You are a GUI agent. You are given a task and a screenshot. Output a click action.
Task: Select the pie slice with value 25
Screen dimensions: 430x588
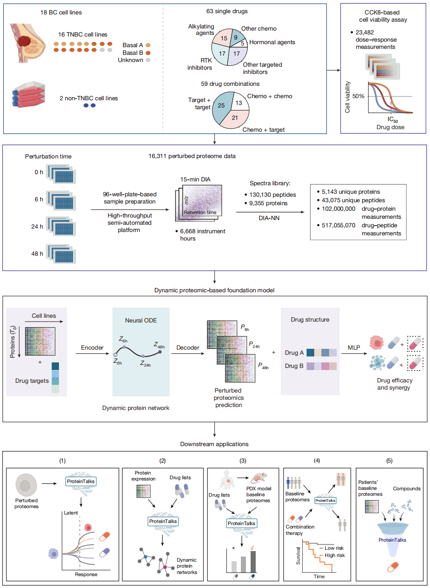pos(221,107)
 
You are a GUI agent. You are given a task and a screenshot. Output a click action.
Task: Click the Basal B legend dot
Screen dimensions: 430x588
pos(148,53)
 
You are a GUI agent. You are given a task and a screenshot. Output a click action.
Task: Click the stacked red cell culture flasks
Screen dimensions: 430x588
pos(28,94)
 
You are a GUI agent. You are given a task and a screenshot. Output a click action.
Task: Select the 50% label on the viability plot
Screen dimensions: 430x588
pos(358,96)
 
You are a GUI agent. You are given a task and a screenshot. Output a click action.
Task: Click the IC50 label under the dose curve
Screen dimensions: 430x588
pos(393,119)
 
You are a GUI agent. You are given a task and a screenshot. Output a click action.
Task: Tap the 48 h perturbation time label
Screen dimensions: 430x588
pos(37,254)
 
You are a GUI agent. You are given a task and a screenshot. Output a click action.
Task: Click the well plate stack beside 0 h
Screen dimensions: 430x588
pos(61,174)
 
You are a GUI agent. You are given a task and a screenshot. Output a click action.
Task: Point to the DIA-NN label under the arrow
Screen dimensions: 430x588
pos(269,218)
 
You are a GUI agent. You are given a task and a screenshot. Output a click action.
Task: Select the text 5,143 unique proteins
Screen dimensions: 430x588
pos(351,192)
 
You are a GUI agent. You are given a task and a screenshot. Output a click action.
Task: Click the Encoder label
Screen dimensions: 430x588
pos(92,348)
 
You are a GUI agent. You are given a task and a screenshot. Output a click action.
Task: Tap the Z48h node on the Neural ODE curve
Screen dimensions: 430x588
pos(160,352)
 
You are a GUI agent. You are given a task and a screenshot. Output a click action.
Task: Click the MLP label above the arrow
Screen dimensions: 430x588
pos(354,348)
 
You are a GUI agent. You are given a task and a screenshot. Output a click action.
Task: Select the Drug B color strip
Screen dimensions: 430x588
pos(321,366)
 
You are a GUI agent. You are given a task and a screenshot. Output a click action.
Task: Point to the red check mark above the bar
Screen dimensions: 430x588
pos(252,548)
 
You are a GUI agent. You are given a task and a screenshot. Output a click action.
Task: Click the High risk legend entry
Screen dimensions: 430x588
pos(332,555)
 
